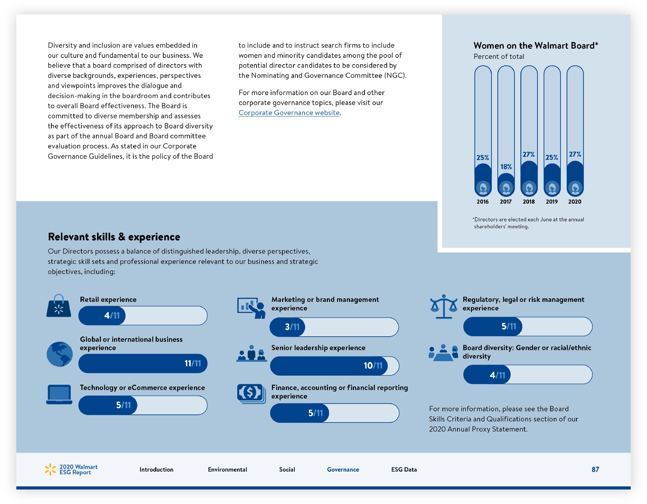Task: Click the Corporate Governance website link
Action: click(289, 113)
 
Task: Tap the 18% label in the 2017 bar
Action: click(506, 167)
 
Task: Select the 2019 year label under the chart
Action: click(552, 202)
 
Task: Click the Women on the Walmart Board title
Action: click(536, 46)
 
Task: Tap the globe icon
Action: click(60, 354)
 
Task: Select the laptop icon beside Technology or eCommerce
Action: click(59, 394)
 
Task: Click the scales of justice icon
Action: click(444, 306)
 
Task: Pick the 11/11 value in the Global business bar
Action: click(193, 363)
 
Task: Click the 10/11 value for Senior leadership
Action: click(373, 366)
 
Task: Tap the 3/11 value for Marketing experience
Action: click(292, 327)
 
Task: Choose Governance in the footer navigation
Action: click(343, 470)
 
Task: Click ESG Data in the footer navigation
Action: click(404, 470)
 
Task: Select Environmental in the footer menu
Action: click(227, 470)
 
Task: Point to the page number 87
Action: click(595, 470)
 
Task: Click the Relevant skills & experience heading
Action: click(114, 237)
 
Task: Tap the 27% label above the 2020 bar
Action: click(575, 154)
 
